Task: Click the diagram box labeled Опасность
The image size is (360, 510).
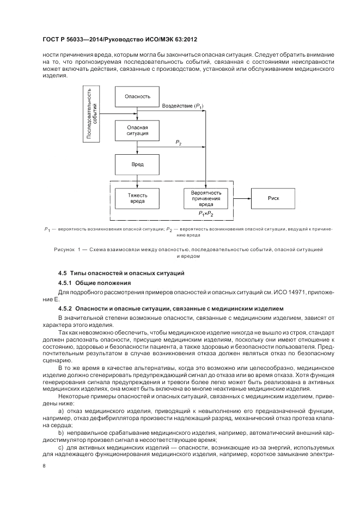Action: tap(137, 96)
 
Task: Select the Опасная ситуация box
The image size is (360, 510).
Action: tap(137, 130)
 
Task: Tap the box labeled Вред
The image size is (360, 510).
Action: tap(137, 164)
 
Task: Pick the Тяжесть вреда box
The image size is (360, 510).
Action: tap(137, 198)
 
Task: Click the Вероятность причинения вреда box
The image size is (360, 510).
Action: tap(206, 197)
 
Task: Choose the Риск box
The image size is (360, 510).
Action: tap(273, 198)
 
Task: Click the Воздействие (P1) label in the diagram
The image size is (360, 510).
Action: tap(183, 105)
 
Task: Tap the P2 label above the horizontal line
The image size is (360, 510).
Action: tap(178, 142)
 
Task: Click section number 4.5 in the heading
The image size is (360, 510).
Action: tap(62, 271)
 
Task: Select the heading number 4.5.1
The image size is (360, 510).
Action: tap(65, 283)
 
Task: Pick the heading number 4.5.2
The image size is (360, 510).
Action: tap(65, 309)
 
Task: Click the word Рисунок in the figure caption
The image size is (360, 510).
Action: tap(65, 248)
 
